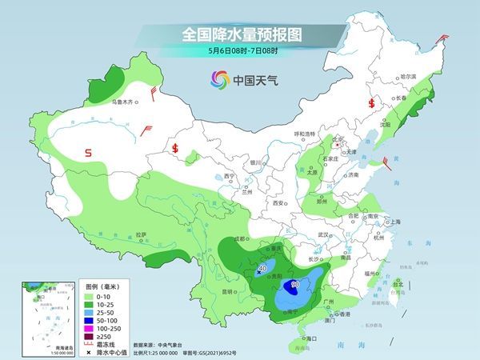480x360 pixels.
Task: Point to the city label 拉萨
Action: coord(142,234)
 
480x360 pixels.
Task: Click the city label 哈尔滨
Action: coord(408,76)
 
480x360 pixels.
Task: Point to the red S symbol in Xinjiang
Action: coord(89,151)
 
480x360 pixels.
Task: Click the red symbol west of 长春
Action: coord(370,103)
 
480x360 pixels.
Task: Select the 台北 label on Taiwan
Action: coord(398,283)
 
